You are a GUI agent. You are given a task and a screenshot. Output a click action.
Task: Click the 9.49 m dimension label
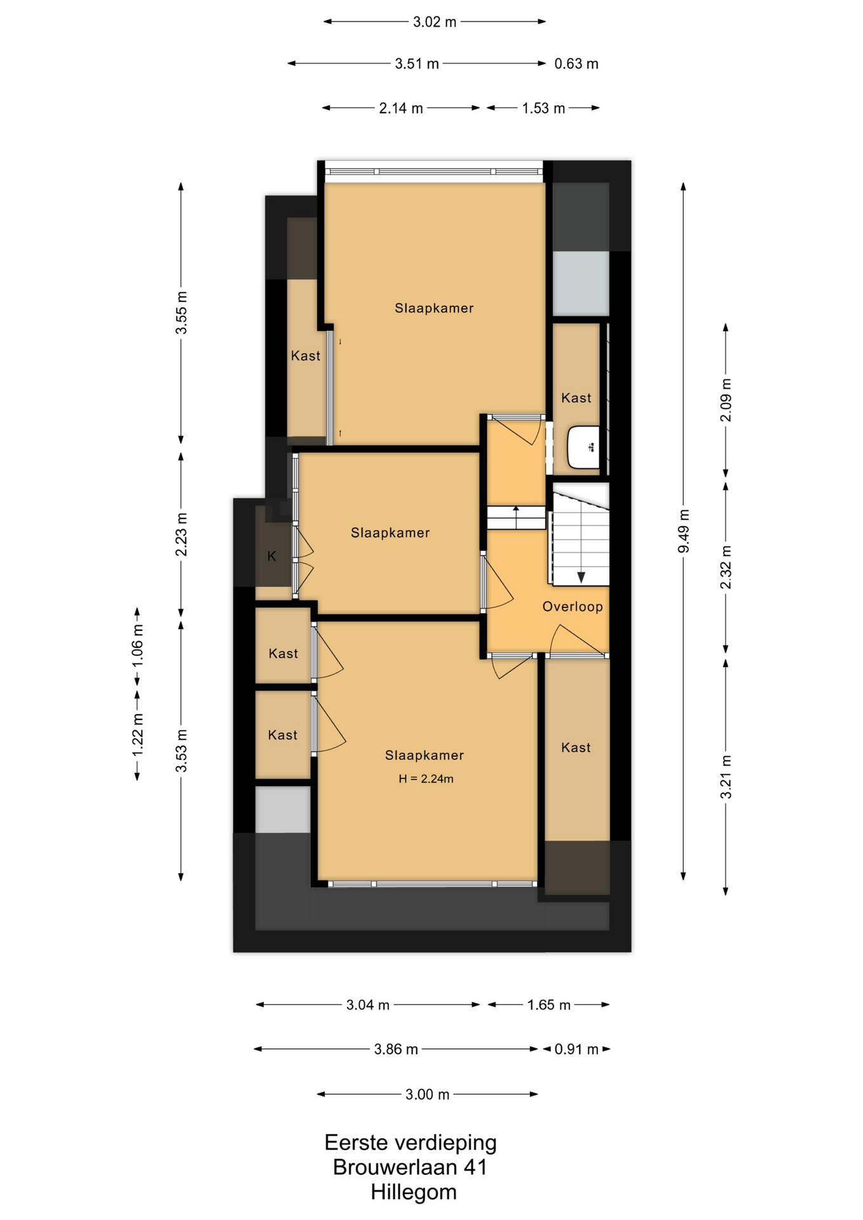[x=684, y=531]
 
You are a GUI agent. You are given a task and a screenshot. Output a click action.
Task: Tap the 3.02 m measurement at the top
[x=435, y=22]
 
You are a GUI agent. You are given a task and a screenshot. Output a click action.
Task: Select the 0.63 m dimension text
[x=576, y=64]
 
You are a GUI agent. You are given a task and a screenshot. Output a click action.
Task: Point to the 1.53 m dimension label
[x=543, y=108]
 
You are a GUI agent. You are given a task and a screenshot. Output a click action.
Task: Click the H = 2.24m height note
[x=426, y=778]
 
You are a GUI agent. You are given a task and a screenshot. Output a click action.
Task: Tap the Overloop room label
[x=573, y=606]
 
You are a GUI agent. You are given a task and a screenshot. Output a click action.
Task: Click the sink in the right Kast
[x=583, y=447]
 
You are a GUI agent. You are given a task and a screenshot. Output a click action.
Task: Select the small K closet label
[x=272, y=557]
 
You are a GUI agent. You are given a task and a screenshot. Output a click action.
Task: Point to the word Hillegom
[x=414, y=1192]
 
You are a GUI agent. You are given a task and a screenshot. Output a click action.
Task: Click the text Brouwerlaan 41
[x=410, y=1167]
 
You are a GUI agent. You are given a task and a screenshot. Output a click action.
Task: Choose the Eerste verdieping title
[x=411, y=1142]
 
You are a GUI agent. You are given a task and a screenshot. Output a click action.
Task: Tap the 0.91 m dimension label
[x=576, y=1049]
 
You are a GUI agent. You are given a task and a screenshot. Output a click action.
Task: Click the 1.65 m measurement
[x=549, y=1005]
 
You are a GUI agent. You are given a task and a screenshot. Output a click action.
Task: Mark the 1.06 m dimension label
[x=137, y=645]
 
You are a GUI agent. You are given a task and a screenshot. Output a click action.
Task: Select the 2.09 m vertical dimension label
[x=726, y=400]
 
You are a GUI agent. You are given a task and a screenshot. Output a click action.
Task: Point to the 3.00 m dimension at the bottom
[x=428, y=1094]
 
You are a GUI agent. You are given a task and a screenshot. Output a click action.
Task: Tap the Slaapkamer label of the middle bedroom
[x=390, y=532]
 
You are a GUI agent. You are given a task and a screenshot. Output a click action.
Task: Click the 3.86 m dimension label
[x=396, y=1049]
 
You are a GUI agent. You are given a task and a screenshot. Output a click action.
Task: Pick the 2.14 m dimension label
[x=401, y=108]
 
